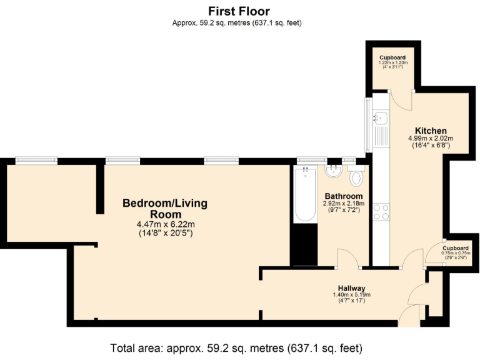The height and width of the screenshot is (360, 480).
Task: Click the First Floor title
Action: [x=239, y=11]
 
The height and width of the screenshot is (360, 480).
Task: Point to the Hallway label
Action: [x=352, y=287]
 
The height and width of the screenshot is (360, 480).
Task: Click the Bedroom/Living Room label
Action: [x=164, y=209]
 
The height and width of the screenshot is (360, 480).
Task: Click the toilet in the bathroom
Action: [x=357, y=177]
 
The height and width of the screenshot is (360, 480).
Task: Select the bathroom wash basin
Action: [x=332, y=171]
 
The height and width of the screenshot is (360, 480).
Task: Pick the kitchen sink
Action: [x=381, y=117]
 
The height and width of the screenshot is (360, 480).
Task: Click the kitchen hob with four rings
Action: [x=381, y=212]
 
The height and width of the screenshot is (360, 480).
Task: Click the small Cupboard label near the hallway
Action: [x=456, y=248]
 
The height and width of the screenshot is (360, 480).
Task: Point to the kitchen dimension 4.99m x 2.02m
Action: [x=431, y=139]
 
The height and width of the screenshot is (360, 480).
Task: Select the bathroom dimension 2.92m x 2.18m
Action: [x=342, y=204]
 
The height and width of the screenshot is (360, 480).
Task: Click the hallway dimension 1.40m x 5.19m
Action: [x=352, y=294]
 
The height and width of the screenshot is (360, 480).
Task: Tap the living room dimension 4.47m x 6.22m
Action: [x=165, y=225]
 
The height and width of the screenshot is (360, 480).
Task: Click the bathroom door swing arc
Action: [x=346, y=257]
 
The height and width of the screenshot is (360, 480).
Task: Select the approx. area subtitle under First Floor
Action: [x=239, y=23]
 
